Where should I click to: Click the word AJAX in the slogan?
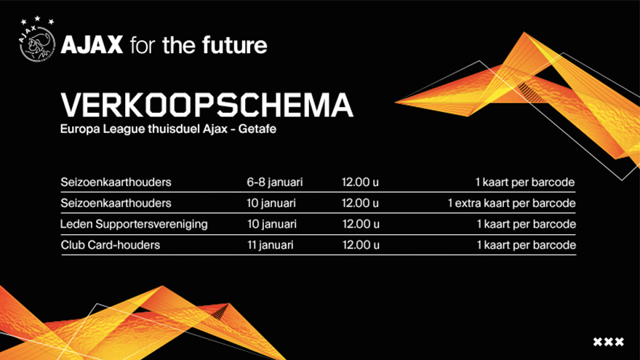click(92, 44)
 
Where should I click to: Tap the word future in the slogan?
click(234, 44)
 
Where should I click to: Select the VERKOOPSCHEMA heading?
click(207, 105)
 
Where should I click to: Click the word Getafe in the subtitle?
click(257, 129)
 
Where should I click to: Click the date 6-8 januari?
click(275, 182)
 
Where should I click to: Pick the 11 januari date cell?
click(271, 245)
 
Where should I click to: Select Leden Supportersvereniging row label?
click(134, 224)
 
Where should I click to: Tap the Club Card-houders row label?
click(111, 245)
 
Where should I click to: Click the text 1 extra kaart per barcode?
click(511, 203)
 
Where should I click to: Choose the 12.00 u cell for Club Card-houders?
click(361, 245)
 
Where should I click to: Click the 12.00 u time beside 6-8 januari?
click(360, 182)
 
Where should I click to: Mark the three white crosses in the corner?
click(608, 342)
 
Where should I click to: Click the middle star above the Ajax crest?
click(37, 18)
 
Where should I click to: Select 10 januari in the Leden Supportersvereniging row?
click(272, 224)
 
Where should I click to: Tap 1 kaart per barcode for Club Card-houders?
click(527, 245)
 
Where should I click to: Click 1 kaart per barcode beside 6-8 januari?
click(525, 182)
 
